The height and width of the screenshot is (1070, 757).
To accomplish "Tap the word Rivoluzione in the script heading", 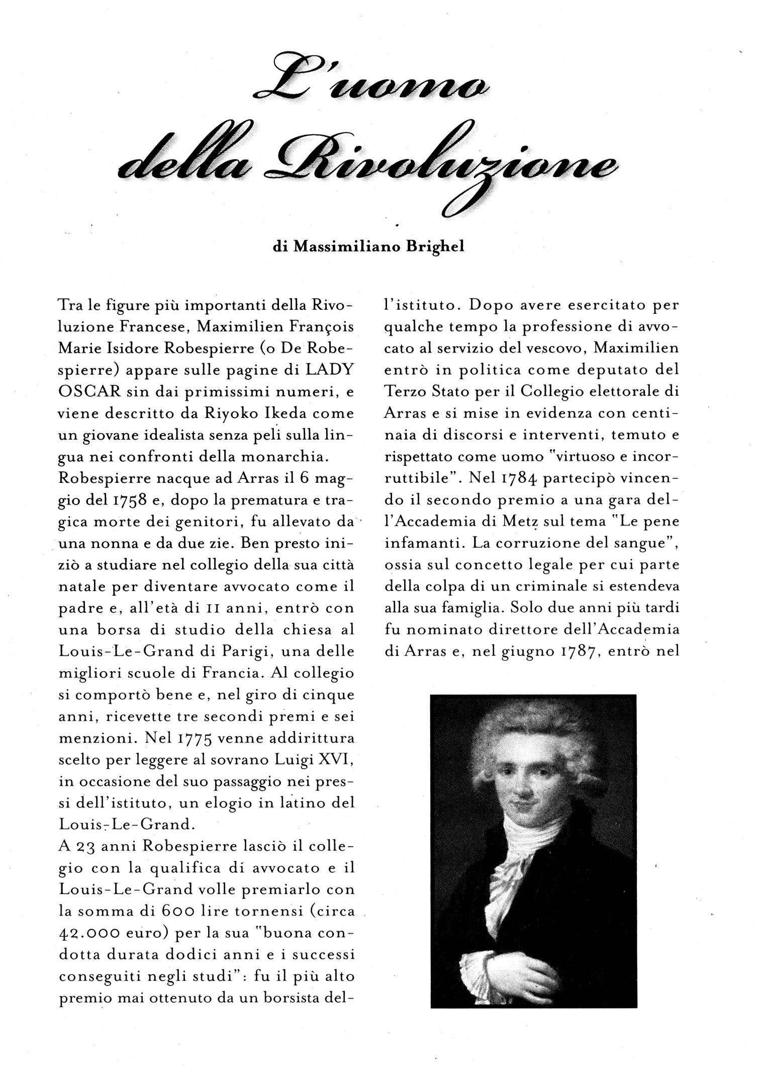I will [437, 166].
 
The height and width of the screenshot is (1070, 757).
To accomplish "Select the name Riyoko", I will [227, 414].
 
